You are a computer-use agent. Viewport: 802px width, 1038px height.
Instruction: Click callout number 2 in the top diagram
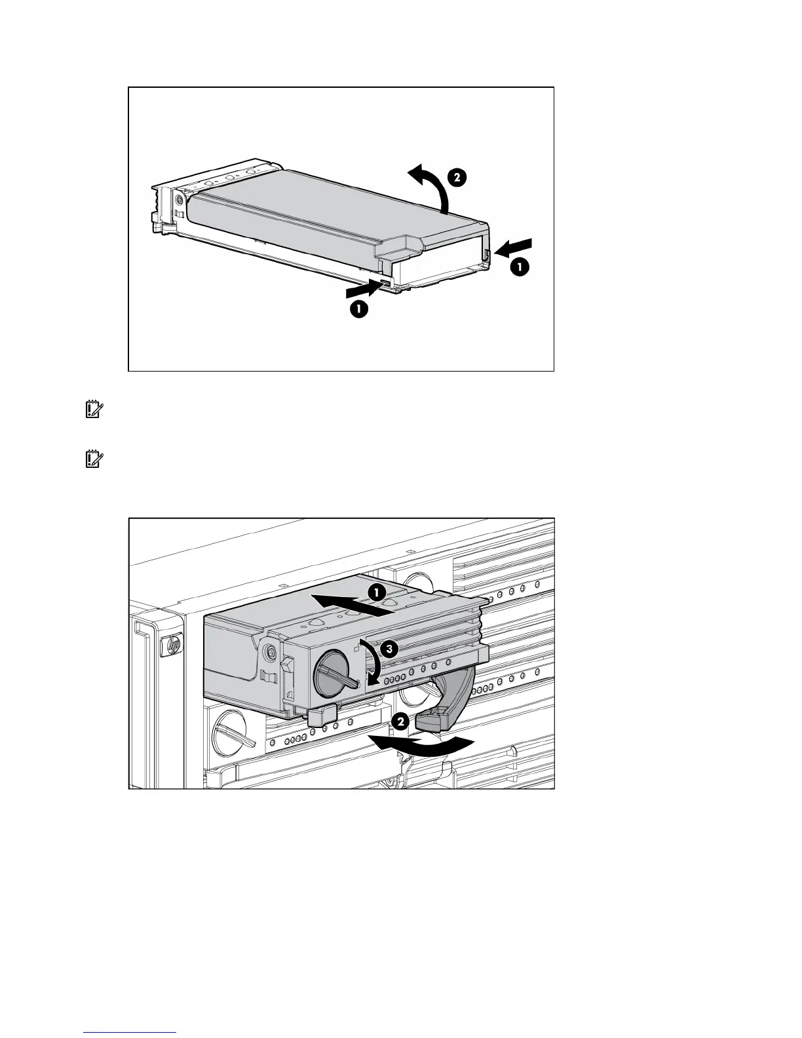457,177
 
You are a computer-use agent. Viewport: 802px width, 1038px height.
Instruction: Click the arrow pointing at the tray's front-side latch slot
364,288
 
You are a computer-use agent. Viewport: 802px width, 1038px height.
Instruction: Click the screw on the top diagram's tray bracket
179,199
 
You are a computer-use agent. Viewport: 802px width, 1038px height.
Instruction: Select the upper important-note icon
92,410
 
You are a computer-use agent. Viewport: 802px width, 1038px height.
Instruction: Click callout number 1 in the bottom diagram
375,591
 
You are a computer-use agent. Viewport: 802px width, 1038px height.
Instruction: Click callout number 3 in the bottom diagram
389,649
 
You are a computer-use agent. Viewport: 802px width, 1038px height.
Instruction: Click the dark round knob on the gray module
335,675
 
